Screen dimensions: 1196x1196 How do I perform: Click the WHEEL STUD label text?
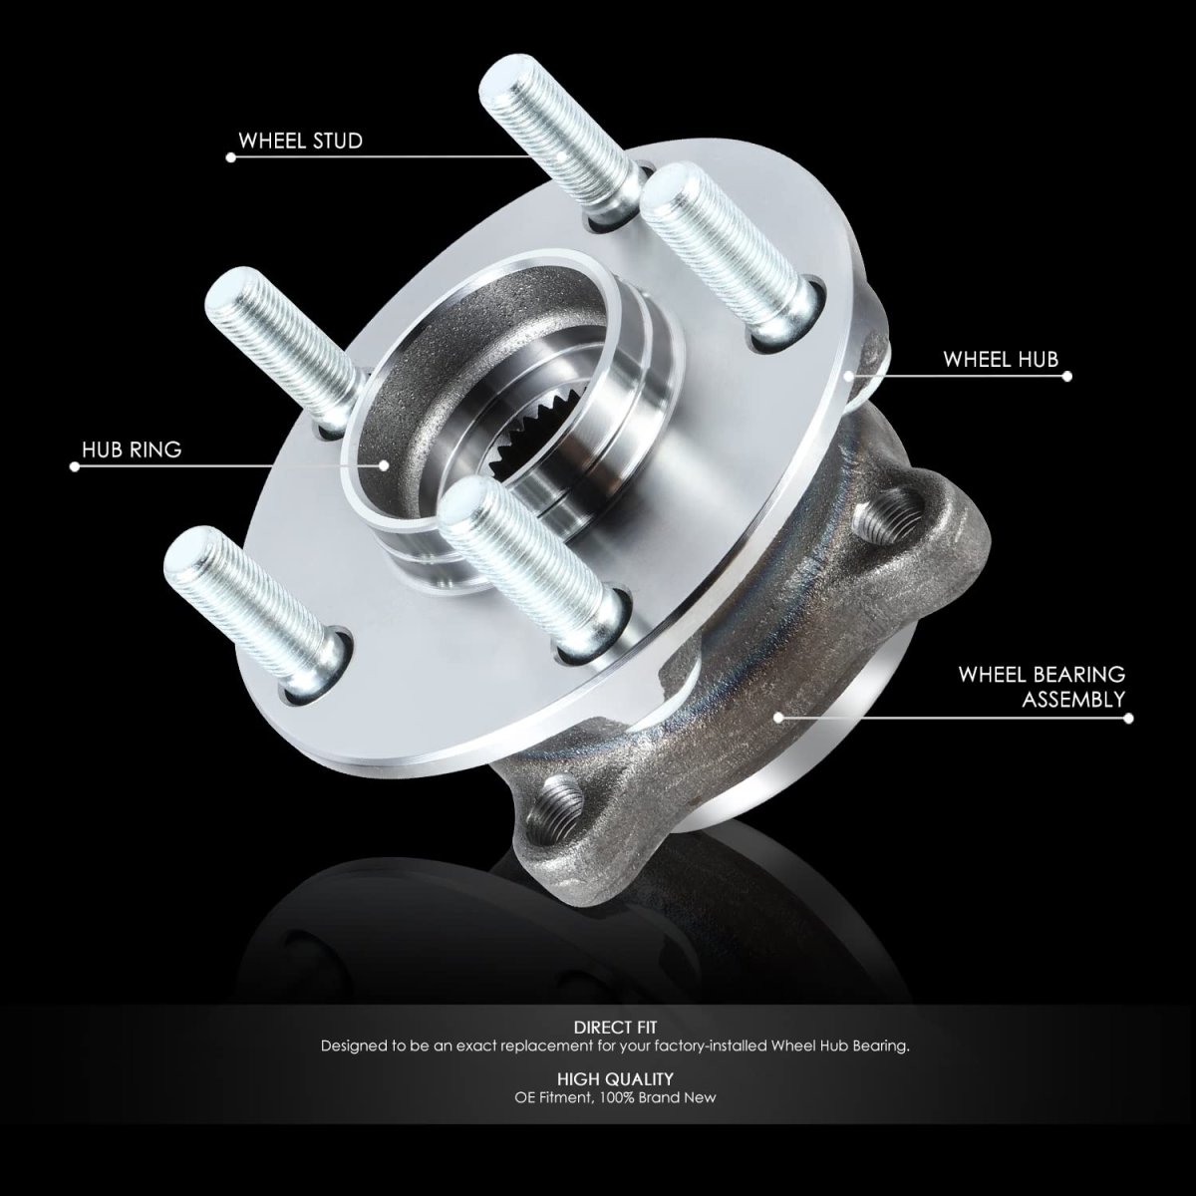pos(300,141)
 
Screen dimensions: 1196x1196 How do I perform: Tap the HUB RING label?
pos(132,449)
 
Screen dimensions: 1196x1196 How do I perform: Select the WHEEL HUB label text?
pos(1001,360)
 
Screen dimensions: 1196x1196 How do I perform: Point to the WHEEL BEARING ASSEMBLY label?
pos(1043,687)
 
